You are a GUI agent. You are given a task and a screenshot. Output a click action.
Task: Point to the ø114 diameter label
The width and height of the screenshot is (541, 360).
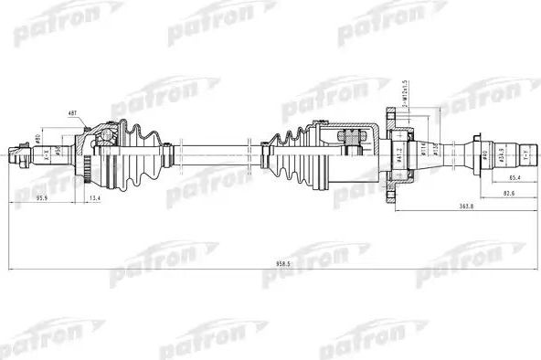pyautogui.click(x=421, y=147)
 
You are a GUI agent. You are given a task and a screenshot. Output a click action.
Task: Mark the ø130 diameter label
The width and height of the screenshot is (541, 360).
pyautogui.click(x=434, y=147)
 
